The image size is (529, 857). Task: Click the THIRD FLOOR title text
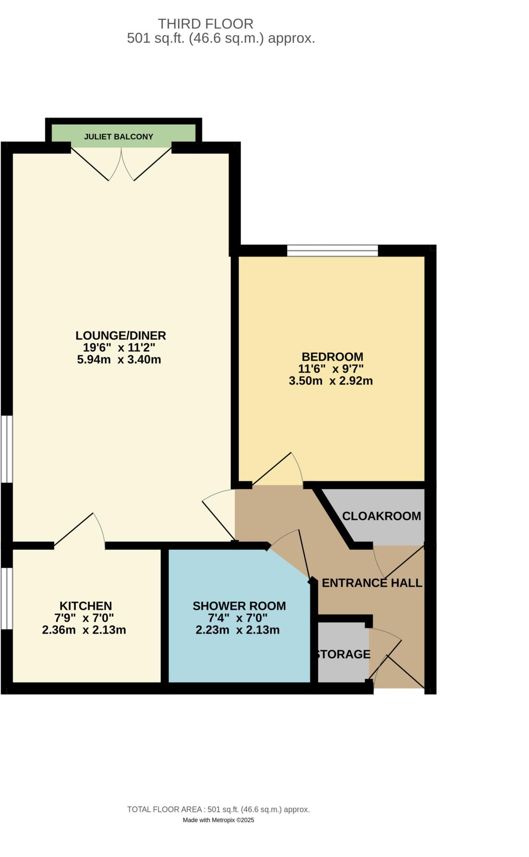(205, 23)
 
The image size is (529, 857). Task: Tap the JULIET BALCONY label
(118, 136)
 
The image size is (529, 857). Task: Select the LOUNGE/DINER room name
(121, 335)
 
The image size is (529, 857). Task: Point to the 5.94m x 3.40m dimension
(119, 359)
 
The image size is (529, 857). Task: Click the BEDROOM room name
(332, 357)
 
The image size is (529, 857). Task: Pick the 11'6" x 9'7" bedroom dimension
(331, 369)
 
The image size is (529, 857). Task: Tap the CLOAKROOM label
(381, 516)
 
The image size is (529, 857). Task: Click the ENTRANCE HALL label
(372, 583)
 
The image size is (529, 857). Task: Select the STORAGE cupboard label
(343, 654)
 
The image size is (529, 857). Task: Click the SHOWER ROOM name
(239, 606)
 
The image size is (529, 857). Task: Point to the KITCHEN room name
(86, 606)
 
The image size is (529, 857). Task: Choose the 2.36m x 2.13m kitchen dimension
(84, 630)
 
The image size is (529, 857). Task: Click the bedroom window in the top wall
(332, 251)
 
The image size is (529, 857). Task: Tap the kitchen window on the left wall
(6, 598)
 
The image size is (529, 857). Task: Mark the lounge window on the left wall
(6, 449)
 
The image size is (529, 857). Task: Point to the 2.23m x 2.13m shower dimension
(237, 630)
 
